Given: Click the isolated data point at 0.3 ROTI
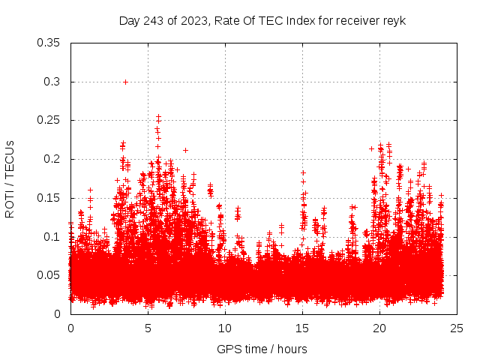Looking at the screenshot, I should pyautogui.click(x=125, y=82).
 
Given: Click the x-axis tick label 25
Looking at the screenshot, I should pyautogui.click(x=457, y=328).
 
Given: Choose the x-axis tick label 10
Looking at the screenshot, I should pyautogui.click(x=225, y=328).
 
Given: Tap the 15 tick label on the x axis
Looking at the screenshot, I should pyautogui.click(x=302, y=328).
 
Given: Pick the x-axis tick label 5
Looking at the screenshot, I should pyautogui.click(x=148, y=328).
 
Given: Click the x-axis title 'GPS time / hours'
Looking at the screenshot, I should pyautogui.click(x=262, y=349).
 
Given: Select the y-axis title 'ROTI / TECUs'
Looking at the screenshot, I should pyautogui.click(x=10, y=178).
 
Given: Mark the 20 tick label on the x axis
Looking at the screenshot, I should pyautogui.click(x=379, y=328).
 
